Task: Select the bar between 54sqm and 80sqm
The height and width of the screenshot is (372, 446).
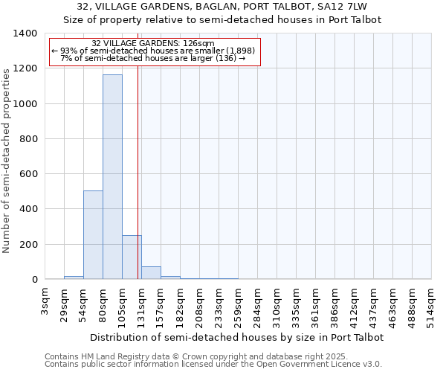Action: click(93, 235)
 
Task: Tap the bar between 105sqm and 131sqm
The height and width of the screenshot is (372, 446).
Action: click(132, 257)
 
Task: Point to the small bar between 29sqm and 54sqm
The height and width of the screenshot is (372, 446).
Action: click(74, 278)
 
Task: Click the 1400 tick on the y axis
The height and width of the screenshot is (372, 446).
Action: click(26, 33)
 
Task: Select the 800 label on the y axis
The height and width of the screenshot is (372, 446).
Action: click(29, 139)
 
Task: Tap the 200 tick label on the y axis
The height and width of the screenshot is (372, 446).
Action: click(29, 245)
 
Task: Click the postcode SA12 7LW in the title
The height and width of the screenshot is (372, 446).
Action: click(351, 7)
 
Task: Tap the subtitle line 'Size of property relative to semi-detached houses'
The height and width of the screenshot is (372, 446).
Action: click(222, 20)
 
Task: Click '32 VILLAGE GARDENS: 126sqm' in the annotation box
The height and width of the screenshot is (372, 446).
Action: click(153, 43)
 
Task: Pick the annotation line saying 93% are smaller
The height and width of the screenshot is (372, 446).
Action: click(153, 51)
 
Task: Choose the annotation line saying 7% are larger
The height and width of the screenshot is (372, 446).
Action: click(153, 58)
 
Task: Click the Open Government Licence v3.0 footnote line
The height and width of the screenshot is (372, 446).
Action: click(213, 364)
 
